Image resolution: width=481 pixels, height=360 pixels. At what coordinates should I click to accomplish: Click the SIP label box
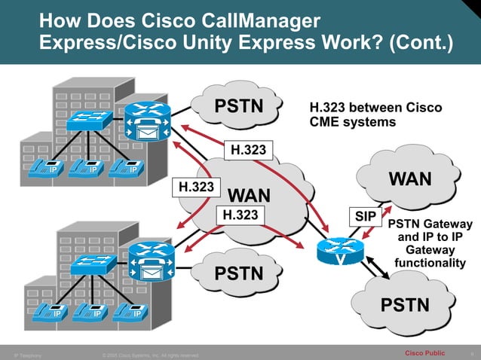(366, 216)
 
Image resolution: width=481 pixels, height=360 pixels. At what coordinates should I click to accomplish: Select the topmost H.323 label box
(248, 150)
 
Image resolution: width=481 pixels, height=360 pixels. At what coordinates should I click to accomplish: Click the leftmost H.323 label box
(194, 186)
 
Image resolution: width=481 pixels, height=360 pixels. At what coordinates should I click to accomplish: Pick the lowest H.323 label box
(241, 215)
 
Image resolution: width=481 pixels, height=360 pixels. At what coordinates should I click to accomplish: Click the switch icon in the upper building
(87, 119)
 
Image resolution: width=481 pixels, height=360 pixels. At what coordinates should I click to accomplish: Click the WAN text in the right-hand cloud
(409, 178)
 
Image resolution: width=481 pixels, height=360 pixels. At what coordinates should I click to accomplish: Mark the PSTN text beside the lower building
(240, 272)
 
